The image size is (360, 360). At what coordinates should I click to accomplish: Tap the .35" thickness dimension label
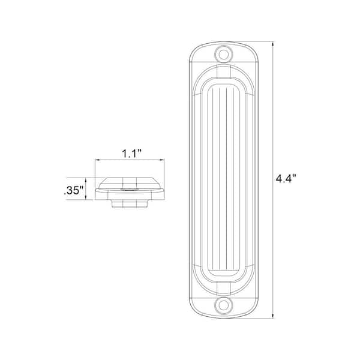pos(74,191)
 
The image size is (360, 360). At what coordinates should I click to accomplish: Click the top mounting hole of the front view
pos(224,53)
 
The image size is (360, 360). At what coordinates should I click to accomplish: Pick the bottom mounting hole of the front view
pos(224,304)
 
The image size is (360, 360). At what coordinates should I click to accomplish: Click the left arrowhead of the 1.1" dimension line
pos(98,160)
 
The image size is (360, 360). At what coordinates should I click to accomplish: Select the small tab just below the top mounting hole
pos(224,70)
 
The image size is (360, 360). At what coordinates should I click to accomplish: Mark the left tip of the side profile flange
pos(96,188)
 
